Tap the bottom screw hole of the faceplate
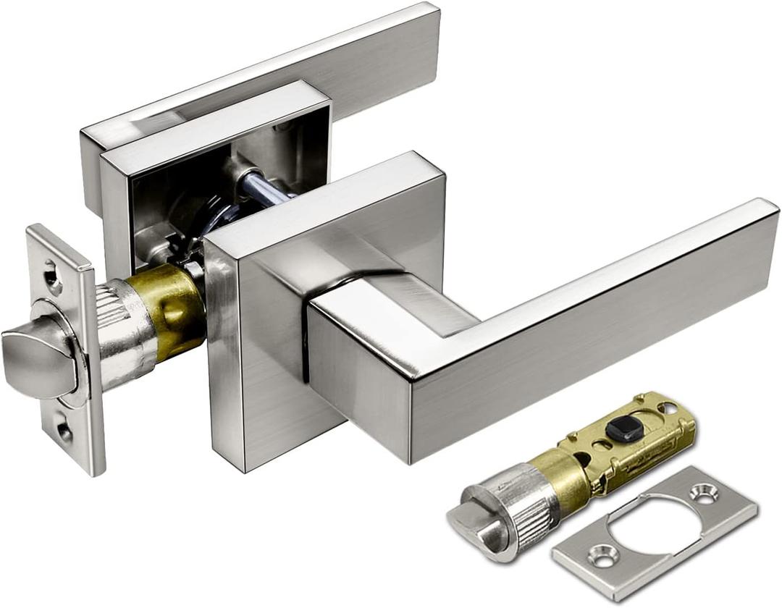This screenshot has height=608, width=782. coord(64,431)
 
